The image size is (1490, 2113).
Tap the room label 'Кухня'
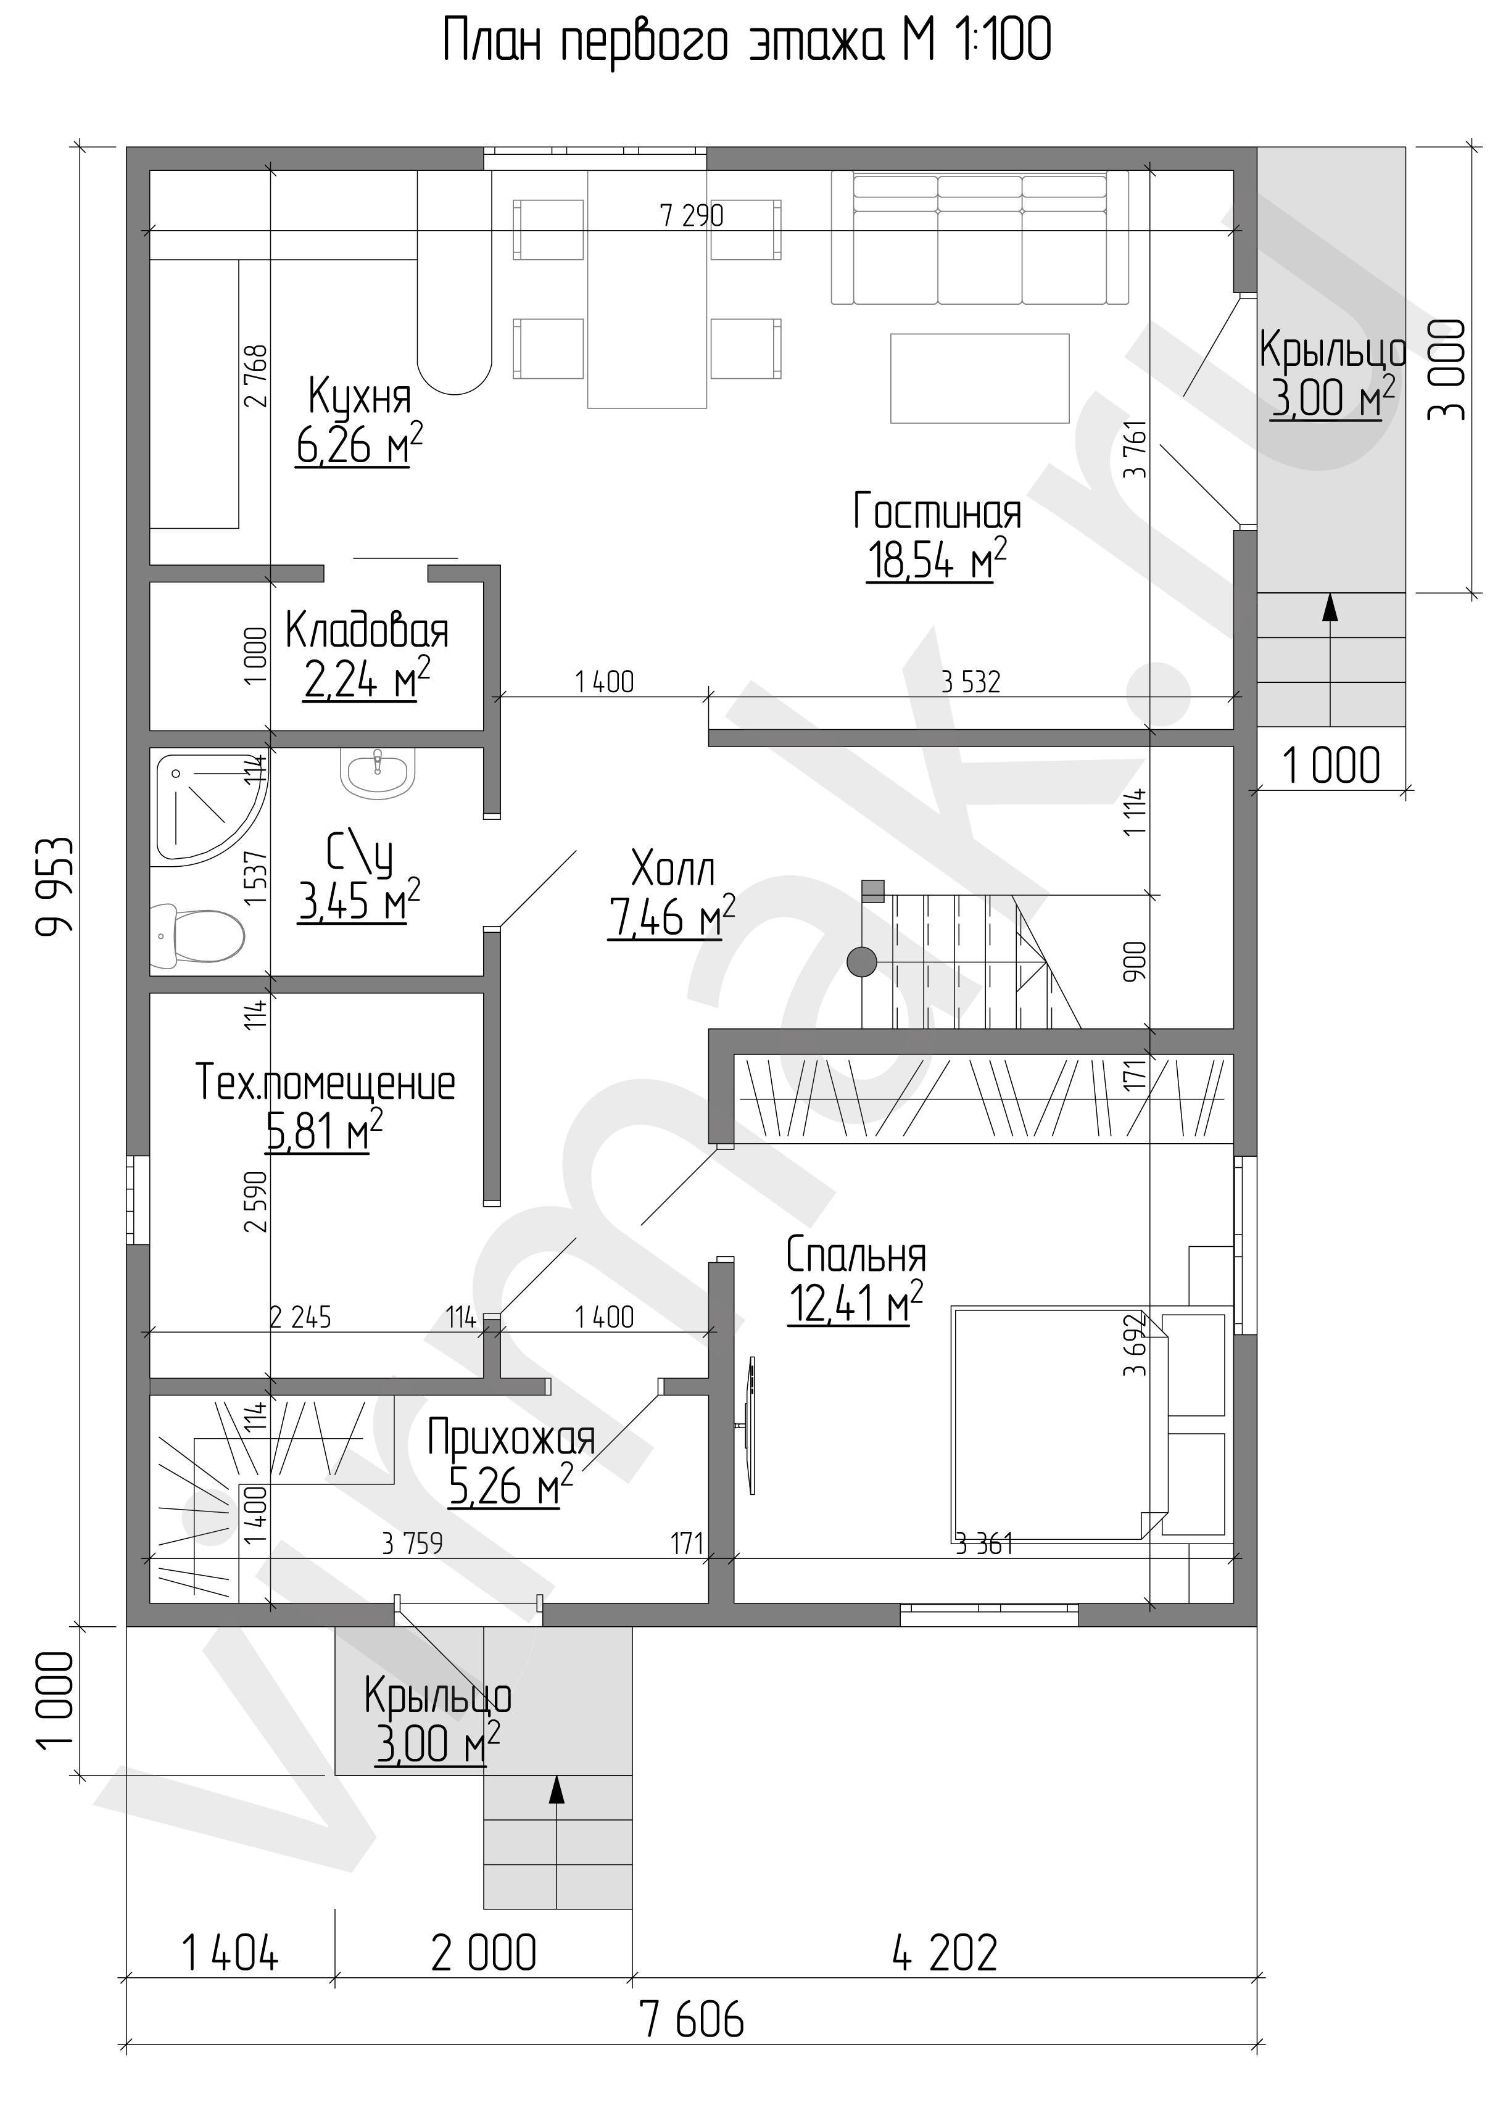pos(359,397)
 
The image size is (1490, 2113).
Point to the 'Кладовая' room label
pos(366,631)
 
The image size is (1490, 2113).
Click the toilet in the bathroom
pos(198,935)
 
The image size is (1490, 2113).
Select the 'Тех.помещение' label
pos(325,1083)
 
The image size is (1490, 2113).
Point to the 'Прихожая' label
pos(511,1439)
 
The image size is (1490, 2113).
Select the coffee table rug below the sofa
pos(979,378)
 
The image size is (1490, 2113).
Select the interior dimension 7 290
pos(692,217)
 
